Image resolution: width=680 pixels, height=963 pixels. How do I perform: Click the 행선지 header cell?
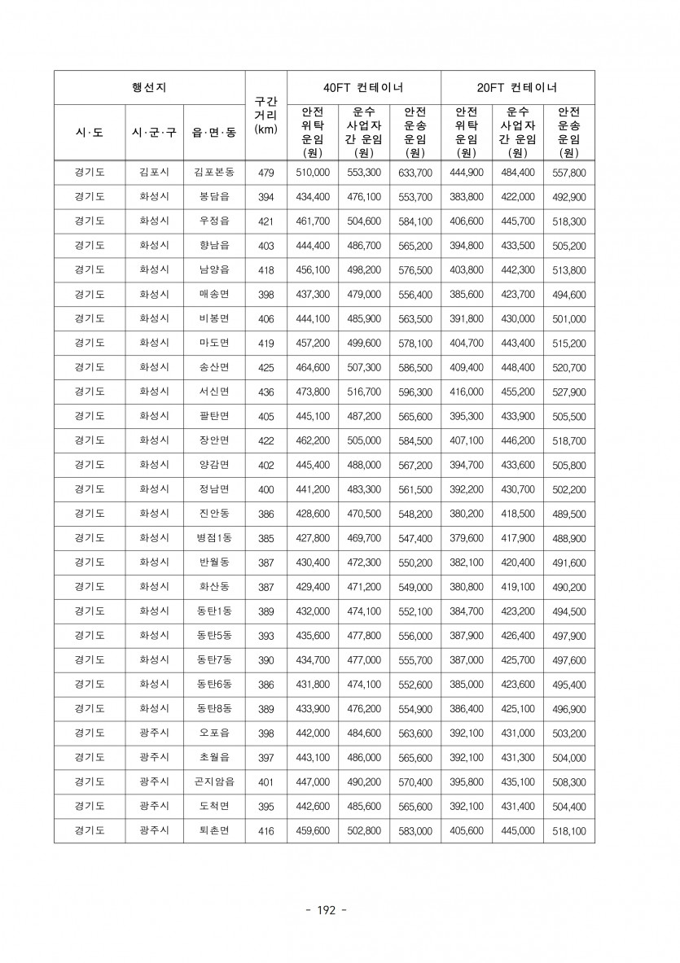click(149, 87)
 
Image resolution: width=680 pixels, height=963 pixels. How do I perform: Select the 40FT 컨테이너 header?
click(363, 87)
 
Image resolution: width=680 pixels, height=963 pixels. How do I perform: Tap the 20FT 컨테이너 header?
click(517, 87)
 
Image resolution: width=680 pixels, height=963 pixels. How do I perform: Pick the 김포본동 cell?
click(214, 173)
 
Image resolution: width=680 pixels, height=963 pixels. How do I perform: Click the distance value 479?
click(265, 173)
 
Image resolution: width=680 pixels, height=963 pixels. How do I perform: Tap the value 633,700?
click(415, 173)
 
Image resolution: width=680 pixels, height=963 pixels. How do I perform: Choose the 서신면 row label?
click(214, 392)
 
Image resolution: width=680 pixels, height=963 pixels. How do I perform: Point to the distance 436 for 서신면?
click(265, 392)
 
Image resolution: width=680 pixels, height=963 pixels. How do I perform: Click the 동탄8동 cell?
click(214, 709)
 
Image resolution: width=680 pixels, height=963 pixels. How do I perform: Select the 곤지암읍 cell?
click(214, 782)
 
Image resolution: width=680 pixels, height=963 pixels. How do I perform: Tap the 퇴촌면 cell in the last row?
click(214, 831)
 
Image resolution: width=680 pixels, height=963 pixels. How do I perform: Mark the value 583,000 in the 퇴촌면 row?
click(415, 831)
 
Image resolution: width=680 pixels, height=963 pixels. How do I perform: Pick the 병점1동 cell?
click(214, 538)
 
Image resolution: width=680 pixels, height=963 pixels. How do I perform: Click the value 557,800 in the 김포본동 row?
click(568, 173)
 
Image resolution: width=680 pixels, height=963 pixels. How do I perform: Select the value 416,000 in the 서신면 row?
click(466, 392)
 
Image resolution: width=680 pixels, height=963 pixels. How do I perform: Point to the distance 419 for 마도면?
click(265, 344)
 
